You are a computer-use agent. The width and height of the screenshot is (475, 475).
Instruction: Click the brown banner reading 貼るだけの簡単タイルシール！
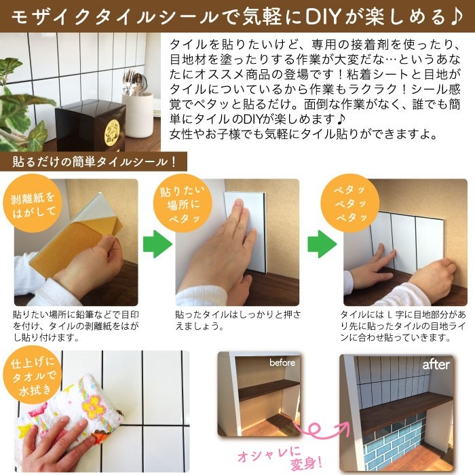point(94,162)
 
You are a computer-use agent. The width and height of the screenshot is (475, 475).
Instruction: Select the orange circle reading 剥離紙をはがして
point(27,206)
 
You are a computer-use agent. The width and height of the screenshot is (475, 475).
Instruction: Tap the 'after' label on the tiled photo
point(436,364)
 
